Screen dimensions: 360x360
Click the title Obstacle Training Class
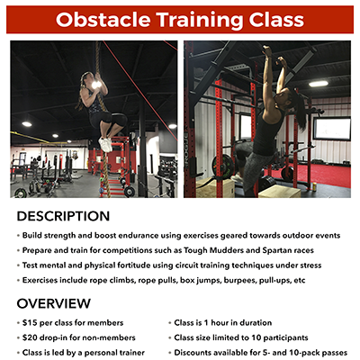pos(179,19)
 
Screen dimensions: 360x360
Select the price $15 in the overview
pos(31,321)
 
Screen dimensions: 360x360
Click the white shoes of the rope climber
pos(105,143)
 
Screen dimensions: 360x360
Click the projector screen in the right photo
pos(330,129)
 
